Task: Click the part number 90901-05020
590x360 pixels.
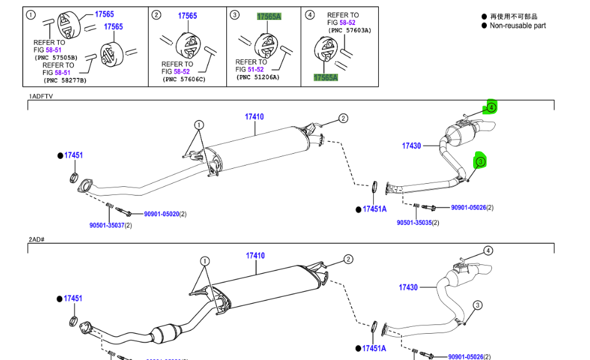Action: (x=161, y=214)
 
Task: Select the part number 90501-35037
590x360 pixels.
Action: (x=107, y=225)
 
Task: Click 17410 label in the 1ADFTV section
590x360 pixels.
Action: (x=254, y=117)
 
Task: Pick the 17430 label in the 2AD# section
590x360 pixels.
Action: (x=408, y=287)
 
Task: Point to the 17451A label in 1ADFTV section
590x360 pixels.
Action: (x=374, y=209)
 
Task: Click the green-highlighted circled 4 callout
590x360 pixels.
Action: (x=491, y=107)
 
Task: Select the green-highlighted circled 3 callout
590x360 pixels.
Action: (x=481, y=162)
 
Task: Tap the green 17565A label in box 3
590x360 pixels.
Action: (x=269, y=17)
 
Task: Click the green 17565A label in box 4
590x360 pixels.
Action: (x=326, y=77)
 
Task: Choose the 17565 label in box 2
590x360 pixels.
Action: (x=187, y=16)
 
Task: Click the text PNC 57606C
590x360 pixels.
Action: (x=184, y=79)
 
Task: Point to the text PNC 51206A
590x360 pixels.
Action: (x=258, y=77)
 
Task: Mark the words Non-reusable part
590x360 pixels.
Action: (x=517, y=26)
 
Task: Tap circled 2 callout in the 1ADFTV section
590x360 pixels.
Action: (x=342, y=118)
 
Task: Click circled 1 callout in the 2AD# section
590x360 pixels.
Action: (x=204, y=261)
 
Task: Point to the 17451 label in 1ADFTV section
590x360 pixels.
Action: (x=73, y=155)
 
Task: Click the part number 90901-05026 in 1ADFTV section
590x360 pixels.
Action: (x=468, y=207)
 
